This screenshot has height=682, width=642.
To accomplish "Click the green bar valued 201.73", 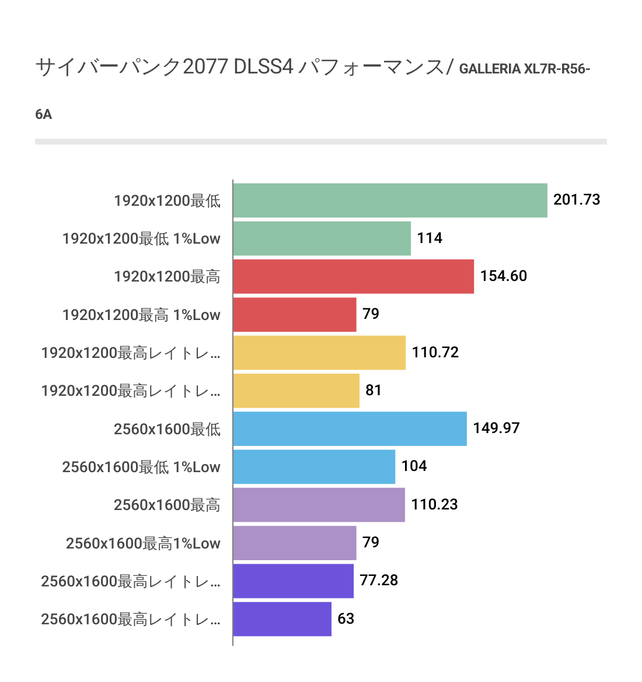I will pos(390,201).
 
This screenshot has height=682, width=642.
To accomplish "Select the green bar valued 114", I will pos(322,238).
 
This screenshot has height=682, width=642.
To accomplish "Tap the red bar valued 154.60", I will pos(353,276).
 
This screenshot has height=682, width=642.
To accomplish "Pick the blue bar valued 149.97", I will pos(350,429).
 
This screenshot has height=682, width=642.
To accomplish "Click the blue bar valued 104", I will pos(314,467).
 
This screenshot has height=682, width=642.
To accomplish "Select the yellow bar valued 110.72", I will pos(319,353).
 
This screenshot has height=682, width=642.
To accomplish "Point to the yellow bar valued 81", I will pos(296,391).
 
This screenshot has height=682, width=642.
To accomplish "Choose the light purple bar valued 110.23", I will pos(319,505).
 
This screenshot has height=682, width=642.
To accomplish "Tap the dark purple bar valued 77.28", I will pos(293,581).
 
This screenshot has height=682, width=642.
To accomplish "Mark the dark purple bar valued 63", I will pos(282,619).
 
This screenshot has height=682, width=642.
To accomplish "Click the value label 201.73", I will pos(577,200).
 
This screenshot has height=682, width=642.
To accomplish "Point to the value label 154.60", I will pos(503,276).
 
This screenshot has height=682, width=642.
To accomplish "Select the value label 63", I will pos(346,618).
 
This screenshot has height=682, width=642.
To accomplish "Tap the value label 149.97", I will pos(496,428).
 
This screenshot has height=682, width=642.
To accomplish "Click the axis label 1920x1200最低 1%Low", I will pos(141,238).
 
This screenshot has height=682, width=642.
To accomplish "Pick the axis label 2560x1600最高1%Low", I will pos(143,543).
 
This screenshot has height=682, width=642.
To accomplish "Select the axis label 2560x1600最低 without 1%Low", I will pos(167,429).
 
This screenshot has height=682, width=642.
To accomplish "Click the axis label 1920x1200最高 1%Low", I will pos(141,315).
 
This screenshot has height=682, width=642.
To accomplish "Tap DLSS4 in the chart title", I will pos(263,67).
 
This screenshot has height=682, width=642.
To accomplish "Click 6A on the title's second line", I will pos(44,114).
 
